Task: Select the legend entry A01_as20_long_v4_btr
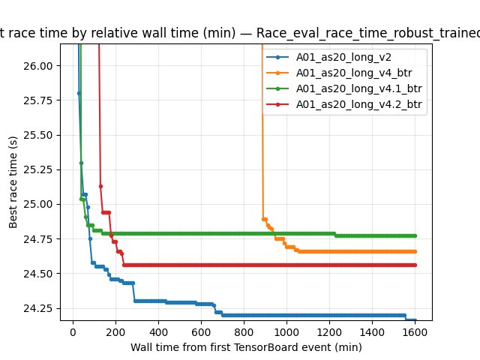346,72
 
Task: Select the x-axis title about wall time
246,347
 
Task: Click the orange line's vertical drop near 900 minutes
262,150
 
